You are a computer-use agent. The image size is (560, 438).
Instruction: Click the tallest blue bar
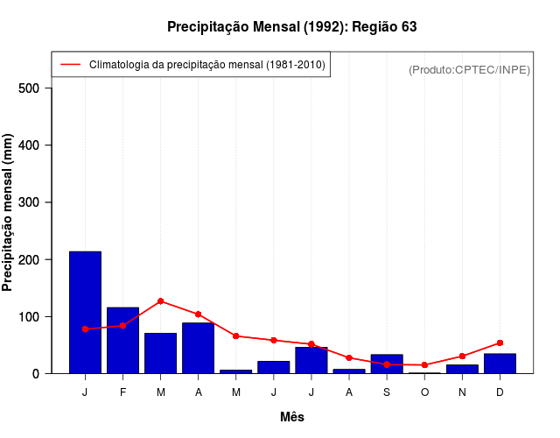click(x=85, y=312)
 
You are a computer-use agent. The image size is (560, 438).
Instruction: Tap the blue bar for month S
click(x=386, y=364)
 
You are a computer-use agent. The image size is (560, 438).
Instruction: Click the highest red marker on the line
click(x=161, y=301)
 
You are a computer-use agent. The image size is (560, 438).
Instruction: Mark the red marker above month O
click(x=424, y=365)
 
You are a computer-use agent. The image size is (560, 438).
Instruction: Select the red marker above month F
click(x=122, y=326)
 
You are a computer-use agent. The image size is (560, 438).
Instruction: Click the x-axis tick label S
click(x=386, y=392)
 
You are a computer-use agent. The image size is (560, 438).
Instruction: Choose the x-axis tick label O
click(x=424, y=392)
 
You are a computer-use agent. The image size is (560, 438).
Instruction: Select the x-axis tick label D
click(x=500, y=392)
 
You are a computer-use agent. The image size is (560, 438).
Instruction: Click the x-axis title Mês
click(x=292, y=417)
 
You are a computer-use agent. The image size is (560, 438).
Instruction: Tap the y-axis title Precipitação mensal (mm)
click(x=9, y=213)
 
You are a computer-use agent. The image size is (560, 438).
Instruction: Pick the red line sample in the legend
click(x=70, y=65)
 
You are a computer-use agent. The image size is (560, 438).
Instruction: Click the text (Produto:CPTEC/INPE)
click(x=470, y=69)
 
